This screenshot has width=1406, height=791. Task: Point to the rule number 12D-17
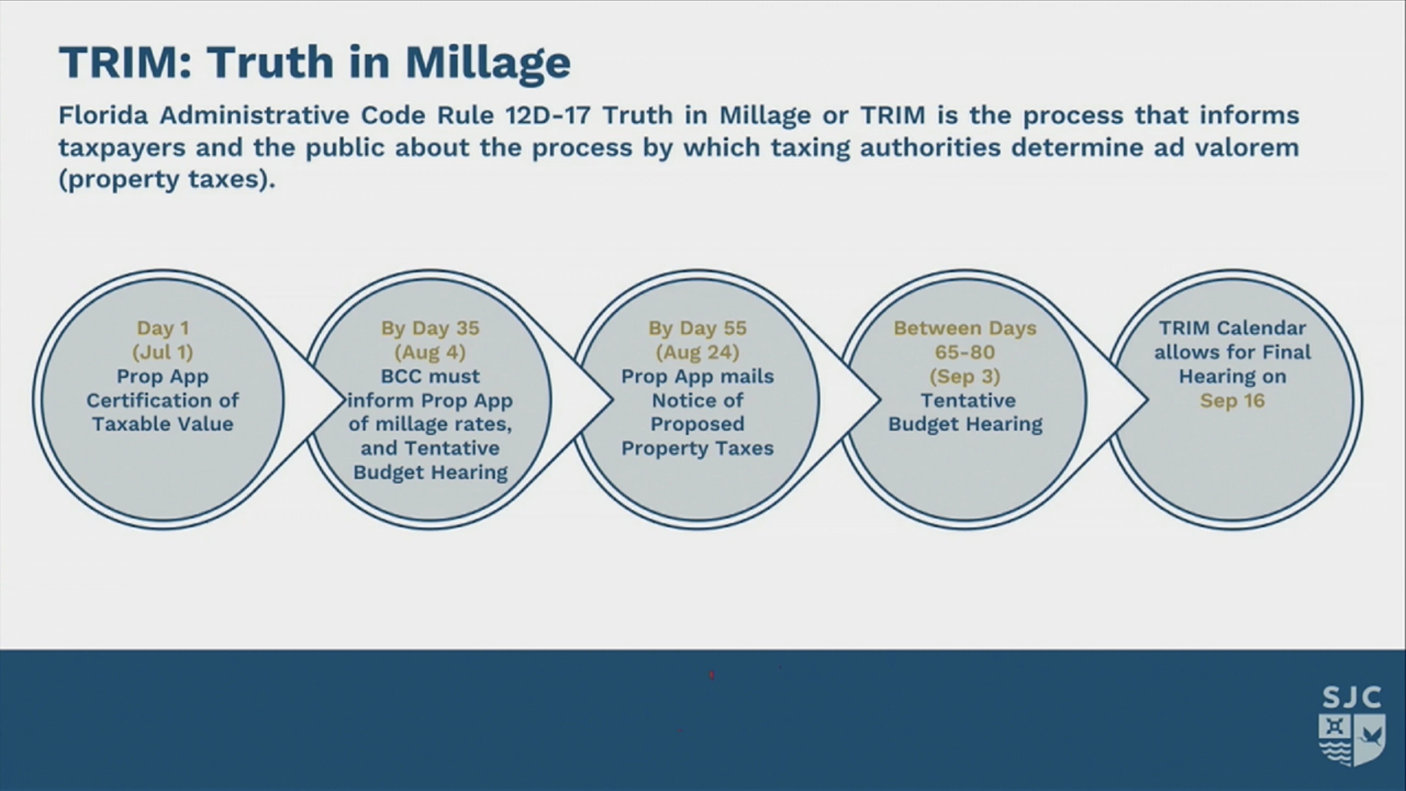coord(548,115)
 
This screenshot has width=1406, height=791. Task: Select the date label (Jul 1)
coord(163,352)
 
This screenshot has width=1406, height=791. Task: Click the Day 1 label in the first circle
coord(163,328)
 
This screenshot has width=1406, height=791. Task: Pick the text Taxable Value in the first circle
coord(163,424)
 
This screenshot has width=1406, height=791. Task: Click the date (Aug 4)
coord(430,352)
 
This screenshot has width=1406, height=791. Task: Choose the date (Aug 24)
coord(698,352)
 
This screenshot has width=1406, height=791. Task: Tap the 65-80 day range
coord(965,352)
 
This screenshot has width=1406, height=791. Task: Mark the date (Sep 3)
coord(965,376)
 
